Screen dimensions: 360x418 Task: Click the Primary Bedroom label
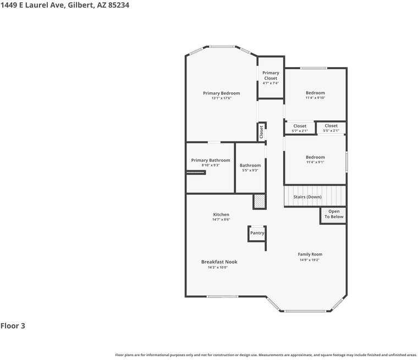coord(221,93)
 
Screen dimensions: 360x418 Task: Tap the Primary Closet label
coord(271,75)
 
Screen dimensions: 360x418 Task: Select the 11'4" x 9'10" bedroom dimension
coord(315,98)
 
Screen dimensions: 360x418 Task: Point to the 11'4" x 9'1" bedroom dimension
coord(315,162)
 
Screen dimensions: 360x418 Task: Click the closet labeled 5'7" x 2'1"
coord(300,128)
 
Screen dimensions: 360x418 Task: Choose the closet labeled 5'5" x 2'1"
coord(331,128)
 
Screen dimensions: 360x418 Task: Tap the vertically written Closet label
coord(261,132)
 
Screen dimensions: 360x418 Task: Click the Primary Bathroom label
coord(211,160)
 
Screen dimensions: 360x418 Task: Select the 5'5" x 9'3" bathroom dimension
coord(250,170)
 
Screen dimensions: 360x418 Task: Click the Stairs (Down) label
coord(307,197)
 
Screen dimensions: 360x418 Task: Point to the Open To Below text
coord(334,214)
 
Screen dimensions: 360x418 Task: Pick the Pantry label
coord(257,233)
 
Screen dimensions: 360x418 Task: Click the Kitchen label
coord(221,214)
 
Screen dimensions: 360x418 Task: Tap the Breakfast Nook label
coord(219,262)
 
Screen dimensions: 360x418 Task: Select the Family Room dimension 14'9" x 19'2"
coord(310,260)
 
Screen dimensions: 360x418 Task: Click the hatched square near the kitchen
coord(259,202)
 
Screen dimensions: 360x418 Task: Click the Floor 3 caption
coord(13,326)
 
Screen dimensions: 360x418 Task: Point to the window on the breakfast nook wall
coord(223,297)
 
